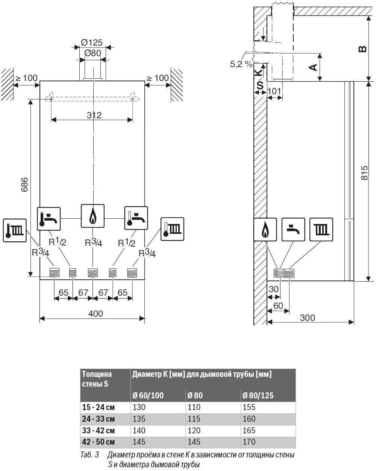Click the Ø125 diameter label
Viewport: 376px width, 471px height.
coord(92,42)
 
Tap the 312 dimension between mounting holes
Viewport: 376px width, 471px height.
coord(94,115)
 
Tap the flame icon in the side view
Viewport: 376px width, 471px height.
coord(265,230)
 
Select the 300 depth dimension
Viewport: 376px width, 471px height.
coord(308,318)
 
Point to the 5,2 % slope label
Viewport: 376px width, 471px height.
coord(241,64)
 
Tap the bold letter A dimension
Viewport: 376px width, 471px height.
coord(312,67)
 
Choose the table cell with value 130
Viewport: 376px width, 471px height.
coord(139,407)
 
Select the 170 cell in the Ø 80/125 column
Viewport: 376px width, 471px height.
coord(249,442)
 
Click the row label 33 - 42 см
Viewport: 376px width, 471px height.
coord(98,430)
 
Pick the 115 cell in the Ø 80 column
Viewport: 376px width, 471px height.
coord(194,419)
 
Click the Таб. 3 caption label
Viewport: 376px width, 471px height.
coord(89,455)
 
